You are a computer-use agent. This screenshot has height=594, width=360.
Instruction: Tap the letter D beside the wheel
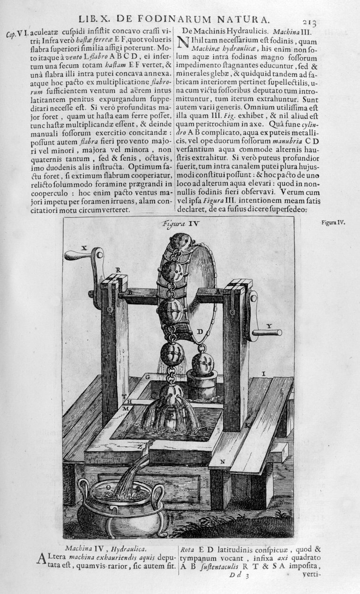pyautogui.click(x=200, y=332)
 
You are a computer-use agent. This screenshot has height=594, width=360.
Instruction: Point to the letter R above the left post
pyautogui.click(x=118, y=270)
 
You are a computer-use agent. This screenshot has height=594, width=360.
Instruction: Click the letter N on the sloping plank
pyautogui.click(x=222, y=461)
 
